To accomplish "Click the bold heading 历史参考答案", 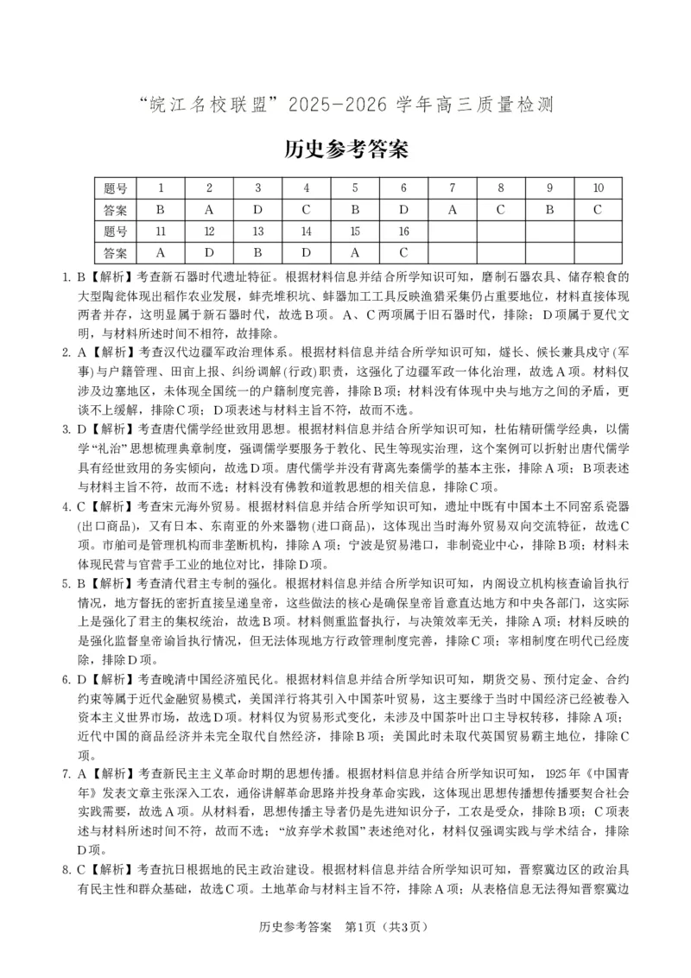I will coord(345,149).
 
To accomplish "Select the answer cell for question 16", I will coord(403,253).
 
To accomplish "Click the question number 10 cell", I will coord(599,188).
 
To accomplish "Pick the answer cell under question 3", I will coord(257,210).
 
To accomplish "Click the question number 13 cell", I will coord(257,232).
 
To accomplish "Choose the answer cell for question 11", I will coord(161,253).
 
